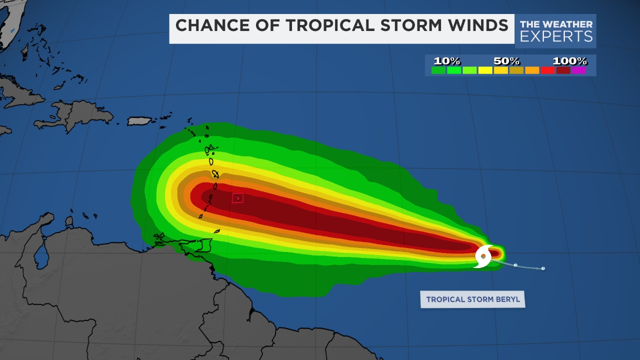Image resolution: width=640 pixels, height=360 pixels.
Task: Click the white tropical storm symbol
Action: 483,256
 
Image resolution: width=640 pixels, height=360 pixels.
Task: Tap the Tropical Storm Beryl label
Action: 472,299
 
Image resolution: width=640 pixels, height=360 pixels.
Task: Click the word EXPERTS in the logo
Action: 556,36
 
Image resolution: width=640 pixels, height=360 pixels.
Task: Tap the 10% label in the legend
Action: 446,61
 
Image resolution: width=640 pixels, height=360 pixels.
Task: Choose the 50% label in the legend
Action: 507,61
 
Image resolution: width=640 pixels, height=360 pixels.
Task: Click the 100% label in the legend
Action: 569,61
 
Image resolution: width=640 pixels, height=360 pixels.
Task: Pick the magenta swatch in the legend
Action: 579,70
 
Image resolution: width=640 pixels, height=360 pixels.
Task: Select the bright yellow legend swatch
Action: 485,70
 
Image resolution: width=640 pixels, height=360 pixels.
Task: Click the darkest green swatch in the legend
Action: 438,70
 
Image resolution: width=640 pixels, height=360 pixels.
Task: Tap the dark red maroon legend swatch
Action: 563,70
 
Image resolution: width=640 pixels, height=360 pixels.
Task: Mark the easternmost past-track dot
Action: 543,268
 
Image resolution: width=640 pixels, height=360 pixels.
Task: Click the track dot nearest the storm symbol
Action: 515,265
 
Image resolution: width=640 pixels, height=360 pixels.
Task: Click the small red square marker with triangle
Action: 237,198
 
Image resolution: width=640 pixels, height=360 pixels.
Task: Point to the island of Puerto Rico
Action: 139,121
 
